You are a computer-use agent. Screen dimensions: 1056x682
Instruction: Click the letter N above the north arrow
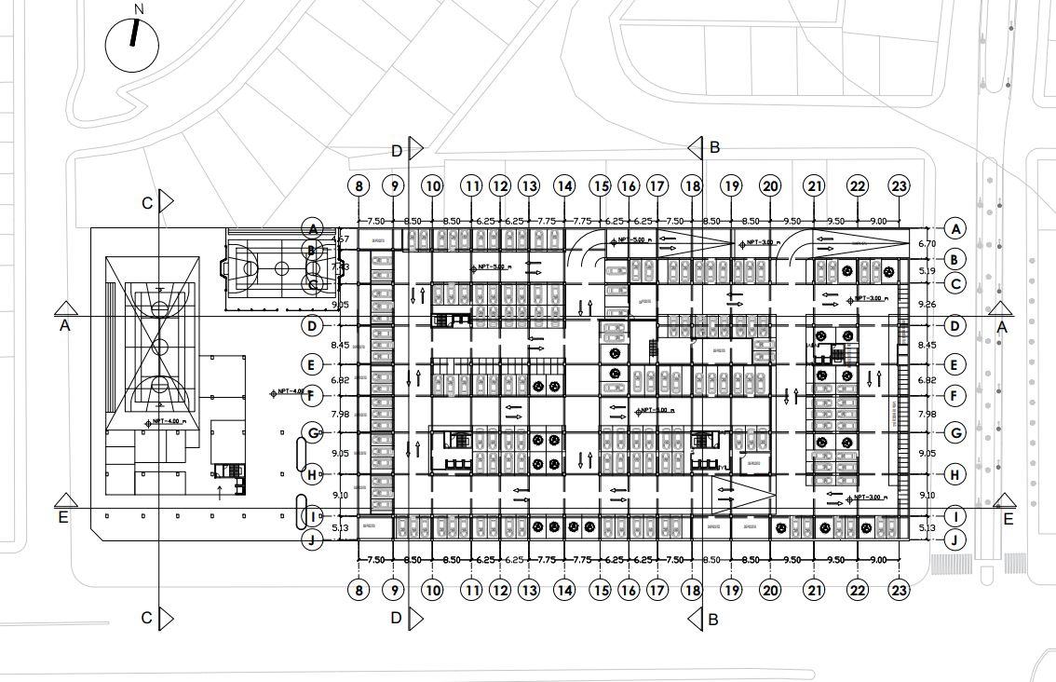point(139,9)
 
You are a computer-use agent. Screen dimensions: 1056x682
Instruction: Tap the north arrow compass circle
point(132,44)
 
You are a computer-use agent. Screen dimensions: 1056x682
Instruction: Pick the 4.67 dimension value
point(340,240)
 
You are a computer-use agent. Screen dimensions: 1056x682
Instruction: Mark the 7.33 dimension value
point(340,267)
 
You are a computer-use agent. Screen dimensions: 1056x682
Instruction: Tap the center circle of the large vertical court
point(159,348)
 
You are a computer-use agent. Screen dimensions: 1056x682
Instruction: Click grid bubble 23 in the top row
point(899,186)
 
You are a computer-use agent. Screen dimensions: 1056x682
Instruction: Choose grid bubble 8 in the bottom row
point(359,590)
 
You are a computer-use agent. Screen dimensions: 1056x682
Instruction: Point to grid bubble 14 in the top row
point(564,186)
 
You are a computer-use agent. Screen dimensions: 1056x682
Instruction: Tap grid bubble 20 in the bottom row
point(769,590)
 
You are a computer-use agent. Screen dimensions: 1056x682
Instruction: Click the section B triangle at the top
point(695,147)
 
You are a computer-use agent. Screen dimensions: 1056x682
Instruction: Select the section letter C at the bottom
point(146,618)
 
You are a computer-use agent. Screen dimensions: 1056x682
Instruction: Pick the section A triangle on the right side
point(1002,309)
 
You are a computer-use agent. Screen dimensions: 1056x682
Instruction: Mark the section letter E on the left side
point(63,518)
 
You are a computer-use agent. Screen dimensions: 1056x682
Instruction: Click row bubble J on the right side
point(954,539)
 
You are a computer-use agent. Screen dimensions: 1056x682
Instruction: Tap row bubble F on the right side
point(954,397)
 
